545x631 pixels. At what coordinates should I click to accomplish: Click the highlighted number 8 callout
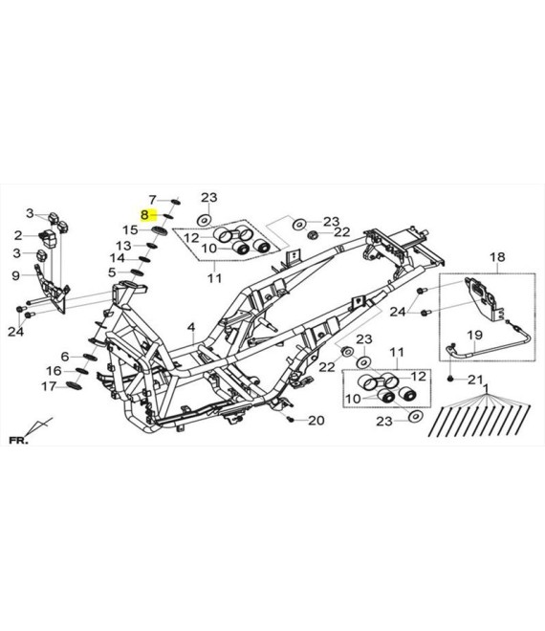pyautogui.click(x=144, y=215)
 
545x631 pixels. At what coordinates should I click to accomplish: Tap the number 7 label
pyautogui.click(x=152, y=200)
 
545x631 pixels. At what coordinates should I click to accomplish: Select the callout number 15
pyautogui.click(x=130, y=230)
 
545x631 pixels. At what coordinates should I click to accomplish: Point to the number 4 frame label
pyautogui.click(x=191, y=327)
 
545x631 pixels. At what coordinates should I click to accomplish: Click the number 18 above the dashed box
pyautogui.click(x=497, y=257)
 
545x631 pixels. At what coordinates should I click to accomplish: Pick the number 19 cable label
pyautogui.click(x=474, y=335)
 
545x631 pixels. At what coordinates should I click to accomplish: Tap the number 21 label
pyautogui.click(x=475, y=380)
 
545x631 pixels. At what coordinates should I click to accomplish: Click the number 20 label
pyautogui.click(x=316, y=421)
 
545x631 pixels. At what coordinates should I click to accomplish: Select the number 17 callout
pyautogui.click(x=49, y=387)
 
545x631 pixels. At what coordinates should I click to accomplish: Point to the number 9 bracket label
pyautogui.click(x=15, y=275)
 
